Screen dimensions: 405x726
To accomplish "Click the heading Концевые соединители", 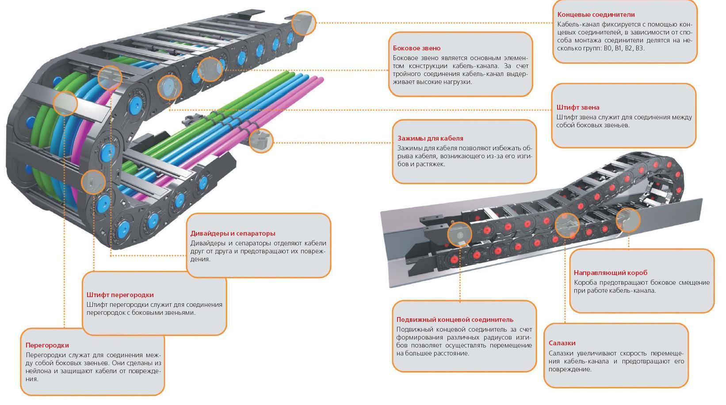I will (x=596, y=15).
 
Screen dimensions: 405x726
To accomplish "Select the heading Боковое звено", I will (x=416, y=48).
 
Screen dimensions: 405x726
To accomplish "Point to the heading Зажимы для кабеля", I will (x=430, y=138).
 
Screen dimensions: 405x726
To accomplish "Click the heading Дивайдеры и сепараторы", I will (x=233, y=233).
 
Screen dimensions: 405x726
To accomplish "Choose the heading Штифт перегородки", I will (x=120, y=295).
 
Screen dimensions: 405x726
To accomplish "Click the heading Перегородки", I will (x=47, y=345).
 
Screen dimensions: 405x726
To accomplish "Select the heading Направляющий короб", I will (x=610, y=273).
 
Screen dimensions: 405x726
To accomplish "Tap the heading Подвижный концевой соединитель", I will (x=455, y=320).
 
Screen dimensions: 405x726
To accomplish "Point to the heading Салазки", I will (x=562, y=343).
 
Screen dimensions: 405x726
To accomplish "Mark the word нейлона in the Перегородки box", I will (x=38, y=371).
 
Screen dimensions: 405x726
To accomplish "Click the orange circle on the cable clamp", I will (x=261, y=141).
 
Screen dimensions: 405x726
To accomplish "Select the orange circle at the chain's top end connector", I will (x=304, y=23).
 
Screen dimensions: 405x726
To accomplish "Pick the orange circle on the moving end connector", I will (x=459, y=234).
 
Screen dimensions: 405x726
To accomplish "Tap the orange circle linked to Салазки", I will (x=566, y=224).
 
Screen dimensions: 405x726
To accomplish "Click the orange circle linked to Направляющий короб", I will (x=628, y=220).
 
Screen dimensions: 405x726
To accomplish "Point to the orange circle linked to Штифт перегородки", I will (x=93, y=182).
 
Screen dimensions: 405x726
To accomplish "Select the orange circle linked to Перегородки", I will (x=65, y=103).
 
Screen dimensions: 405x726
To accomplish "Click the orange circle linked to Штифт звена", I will (x=169, y=87).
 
